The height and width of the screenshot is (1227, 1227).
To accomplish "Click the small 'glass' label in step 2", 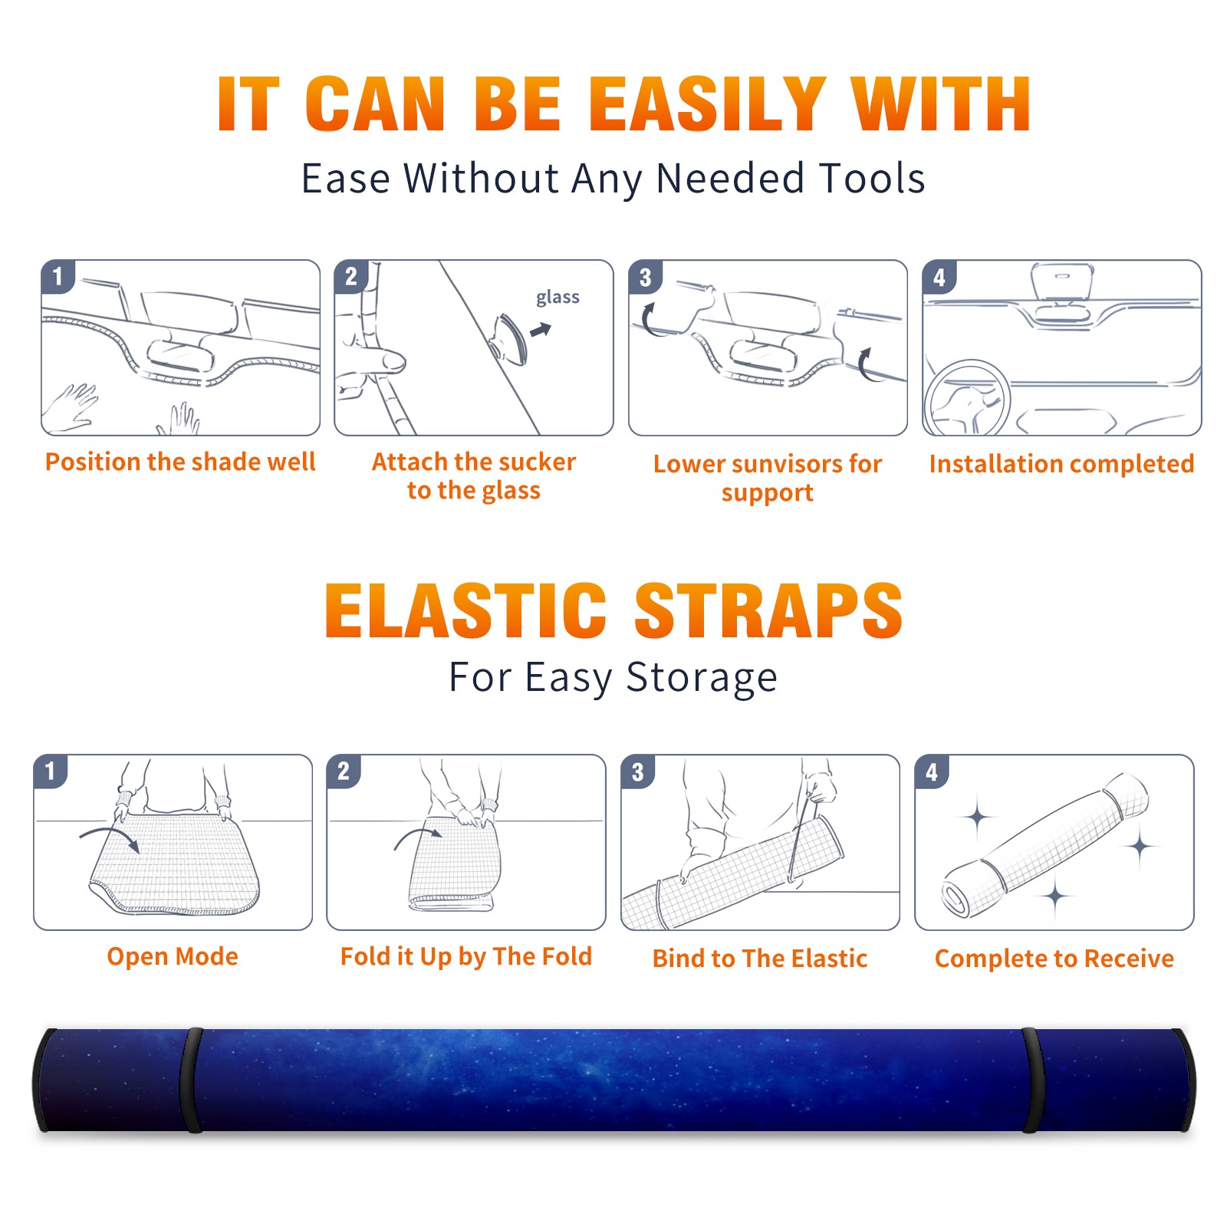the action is coord(558,297).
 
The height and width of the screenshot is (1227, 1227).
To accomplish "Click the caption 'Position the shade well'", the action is coord(180,462).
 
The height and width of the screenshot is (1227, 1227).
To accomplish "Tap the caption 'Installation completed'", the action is coord(1061,464).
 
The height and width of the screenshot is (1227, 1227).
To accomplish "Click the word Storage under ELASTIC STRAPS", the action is coord(702,677).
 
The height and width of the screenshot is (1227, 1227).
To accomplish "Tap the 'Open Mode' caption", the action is coord(173,956).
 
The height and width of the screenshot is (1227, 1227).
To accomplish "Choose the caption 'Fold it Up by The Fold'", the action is coord(465,956).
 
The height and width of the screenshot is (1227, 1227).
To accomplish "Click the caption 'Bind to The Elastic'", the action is coord(759,959).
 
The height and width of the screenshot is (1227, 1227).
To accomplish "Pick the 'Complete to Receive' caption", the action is coord(1054,959).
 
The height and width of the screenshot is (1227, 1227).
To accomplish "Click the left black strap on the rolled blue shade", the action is coord(191,1080).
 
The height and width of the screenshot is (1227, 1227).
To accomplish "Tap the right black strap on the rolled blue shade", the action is coord(1033,1080).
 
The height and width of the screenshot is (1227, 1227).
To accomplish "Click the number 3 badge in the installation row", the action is coord(645,277).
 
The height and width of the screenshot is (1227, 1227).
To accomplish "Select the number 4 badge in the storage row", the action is coord(932,771).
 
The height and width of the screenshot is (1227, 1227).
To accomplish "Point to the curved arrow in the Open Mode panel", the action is coord(110,832).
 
